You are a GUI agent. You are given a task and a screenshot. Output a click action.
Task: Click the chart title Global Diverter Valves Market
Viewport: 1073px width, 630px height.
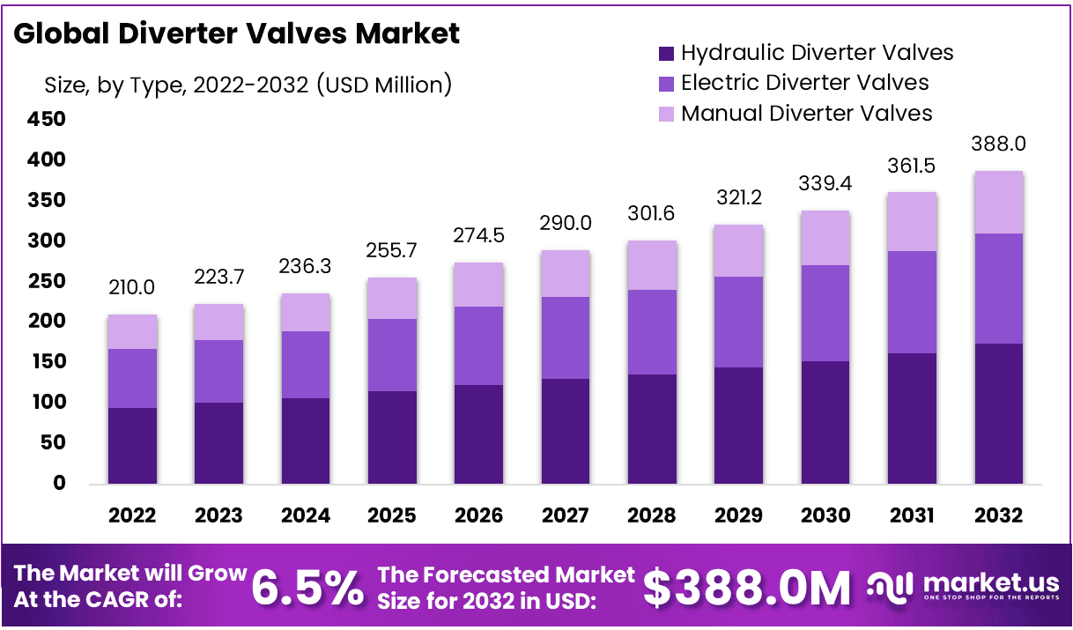(237, 33)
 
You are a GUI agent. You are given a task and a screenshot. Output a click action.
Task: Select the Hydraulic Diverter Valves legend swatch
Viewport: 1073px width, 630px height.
(666, 54)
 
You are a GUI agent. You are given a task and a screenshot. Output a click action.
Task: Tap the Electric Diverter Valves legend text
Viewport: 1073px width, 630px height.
(804, 83)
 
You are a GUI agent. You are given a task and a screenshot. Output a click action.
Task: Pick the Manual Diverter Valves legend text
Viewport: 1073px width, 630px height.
(806, 114)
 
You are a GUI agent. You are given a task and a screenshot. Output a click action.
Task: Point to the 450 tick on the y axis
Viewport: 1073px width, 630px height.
(47, 119)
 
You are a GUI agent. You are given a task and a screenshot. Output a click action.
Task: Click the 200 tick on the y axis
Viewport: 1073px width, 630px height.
(47, 322)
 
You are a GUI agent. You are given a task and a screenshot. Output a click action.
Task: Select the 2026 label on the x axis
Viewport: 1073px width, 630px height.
(478, 515)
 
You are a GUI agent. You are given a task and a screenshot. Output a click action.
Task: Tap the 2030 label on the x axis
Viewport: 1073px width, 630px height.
(825, 515)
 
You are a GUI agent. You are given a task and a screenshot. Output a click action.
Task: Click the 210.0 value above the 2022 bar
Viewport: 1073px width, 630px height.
(132, 288)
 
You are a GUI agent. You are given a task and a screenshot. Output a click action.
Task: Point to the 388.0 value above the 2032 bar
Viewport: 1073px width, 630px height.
(998, 144)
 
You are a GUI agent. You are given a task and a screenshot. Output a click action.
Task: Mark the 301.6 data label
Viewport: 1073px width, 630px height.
(652, 214)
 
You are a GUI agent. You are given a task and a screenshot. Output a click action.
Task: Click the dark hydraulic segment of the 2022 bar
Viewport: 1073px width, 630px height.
(132, 445)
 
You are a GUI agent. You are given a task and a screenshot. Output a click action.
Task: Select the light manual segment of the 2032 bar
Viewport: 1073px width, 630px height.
(998, 202)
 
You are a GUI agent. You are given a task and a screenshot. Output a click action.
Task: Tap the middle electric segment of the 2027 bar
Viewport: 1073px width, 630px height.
(566, 337)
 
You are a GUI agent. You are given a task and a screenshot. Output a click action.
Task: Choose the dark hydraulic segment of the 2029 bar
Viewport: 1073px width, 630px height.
(738, 425)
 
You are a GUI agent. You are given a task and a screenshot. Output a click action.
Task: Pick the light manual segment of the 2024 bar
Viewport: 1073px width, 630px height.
(306, 312)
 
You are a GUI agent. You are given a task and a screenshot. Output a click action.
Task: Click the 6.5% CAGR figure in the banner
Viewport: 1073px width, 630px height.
(307, 588)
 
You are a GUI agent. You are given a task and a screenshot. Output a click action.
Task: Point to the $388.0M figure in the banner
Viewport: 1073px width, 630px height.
(747, 588)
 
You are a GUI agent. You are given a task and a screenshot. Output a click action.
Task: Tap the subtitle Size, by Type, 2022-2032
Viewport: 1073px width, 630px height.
(248, 85)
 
